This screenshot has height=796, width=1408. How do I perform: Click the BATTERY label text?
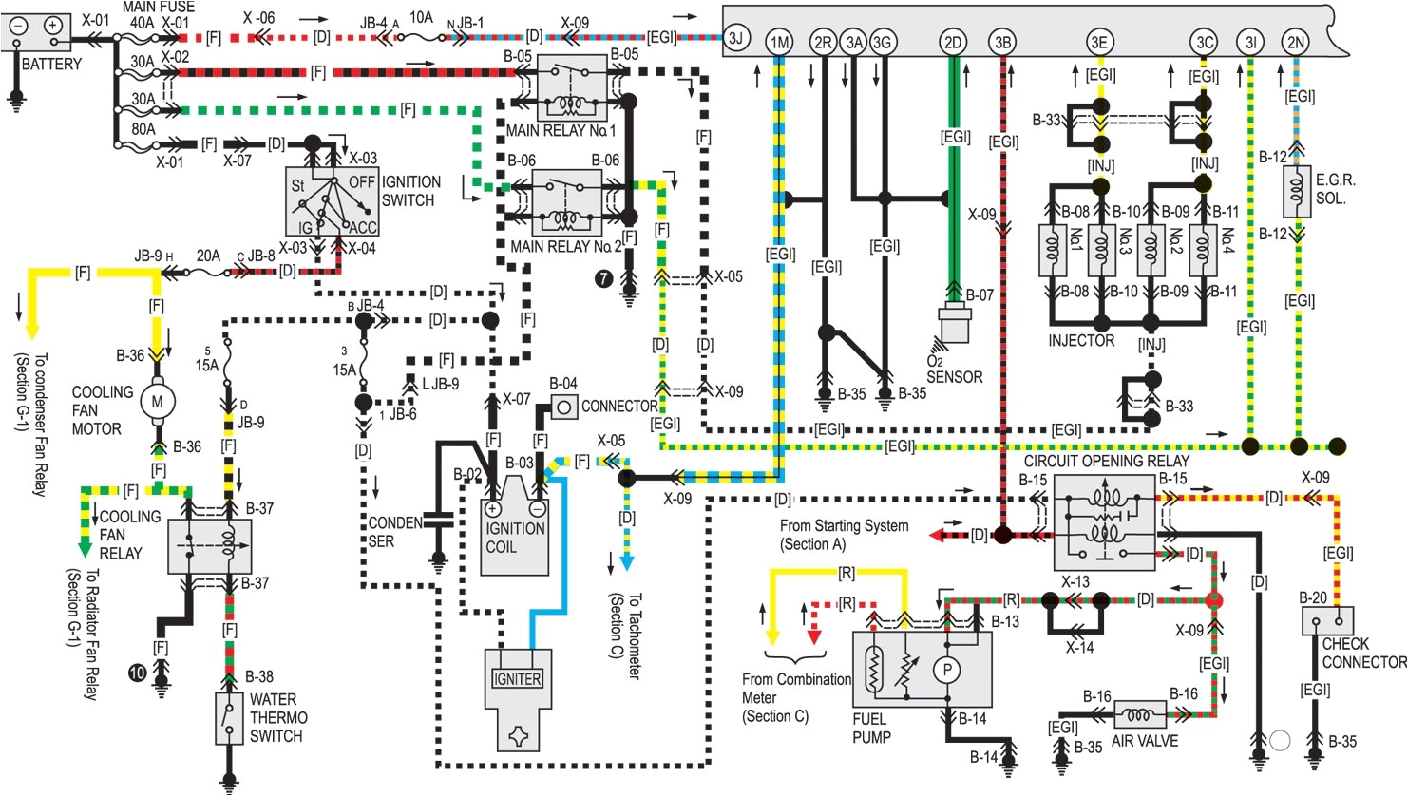[x=51, y=65]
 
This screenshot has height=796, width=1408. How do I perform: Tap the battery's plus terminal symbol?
[x=53, y=26]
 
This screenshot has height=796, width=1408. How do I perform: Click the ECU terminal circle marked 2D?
[x=952, y=42]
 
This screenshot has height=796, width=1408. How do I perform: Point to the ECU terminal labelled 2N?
[x=1295, y=42]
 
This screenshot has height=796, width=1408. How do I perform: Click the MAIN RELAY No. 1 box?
[x=572, y=88]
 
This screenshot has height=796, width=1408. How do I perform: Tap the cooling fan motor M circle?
[x=157, y=401]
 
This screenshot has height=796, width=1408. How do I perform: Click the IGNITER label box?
[x=518, y=678]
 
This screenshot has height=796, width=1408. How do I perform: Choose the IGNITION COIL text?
[x=515, y=538]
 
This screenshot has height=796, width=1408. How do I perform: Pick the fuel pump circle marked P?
[x=946, y=670]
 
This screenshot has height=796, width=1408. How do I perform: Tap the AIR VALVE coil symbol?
[x=1140, y=714]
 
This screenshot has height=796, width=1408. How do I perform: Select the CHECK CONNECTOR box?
[x=1327, y=621]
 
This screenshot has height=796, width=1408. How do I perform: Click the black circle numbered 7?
[x=602, y=277]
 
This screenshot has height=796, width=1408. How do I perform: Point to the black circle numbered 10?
[x=138, y=673]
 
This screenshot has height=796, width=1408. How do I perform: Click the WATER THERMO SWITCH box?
[x=228, y=718]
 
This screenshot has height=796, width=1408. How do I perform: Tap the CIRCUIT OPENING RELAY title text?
[x=1106, y=461]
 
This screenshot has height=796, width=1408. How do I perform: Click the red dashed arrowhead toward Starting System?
[x=937, y=535]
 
